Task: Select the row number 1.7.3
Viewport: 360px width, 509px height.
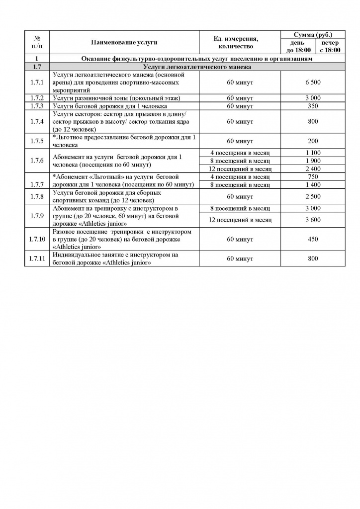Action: pyautogui.click(x=37, y=106)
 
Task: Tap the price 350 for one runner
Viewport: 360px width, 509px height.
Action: pyautogui.click(x=312, y=106)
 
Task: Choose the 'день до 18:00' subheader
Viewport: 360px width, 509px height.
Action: pyautogui.click(x=298, y=46)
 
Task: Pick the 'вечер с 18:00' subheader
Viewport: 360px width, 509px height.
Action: pyautogui.click(x=330, y=46)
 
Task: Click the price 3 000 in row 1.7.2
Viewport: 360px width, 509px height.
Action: pyautogui.click(x=312, y=98)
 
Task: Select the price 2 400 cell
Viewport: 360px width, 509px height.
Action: pyautogui.click(x=312, y=169)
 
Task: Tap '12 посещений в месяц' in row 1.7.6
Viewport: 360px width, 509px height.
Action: pyautogui.click(x=240, y=169)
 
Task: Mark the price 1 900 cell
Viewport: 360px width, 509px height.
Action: pyautogui.click(x=312, y=161)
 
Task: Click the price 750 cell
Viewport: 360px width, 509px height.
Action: pyautogui.click(x=312, y=177)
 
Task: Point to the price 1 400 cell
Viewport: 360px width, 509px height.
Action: pyautogui.click(x=312, y=185)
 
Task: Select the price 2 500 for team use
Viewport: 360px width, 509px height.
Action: pyautogui.click(x=312, y=196)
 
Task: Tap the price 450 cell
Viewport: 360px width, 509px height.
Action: pyautogui.click(x=312, y=239)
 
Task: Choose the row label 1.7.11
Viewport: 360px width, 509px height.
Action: pyautogui.click(x=37, y=259)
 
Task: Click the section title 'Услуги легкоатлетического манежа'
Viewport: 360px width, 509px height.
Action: pyautogui.click(x=196, y=66)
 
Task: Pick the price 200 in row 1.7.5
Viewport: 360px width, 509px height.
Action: pyautogui.click(x=312, y=141)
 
